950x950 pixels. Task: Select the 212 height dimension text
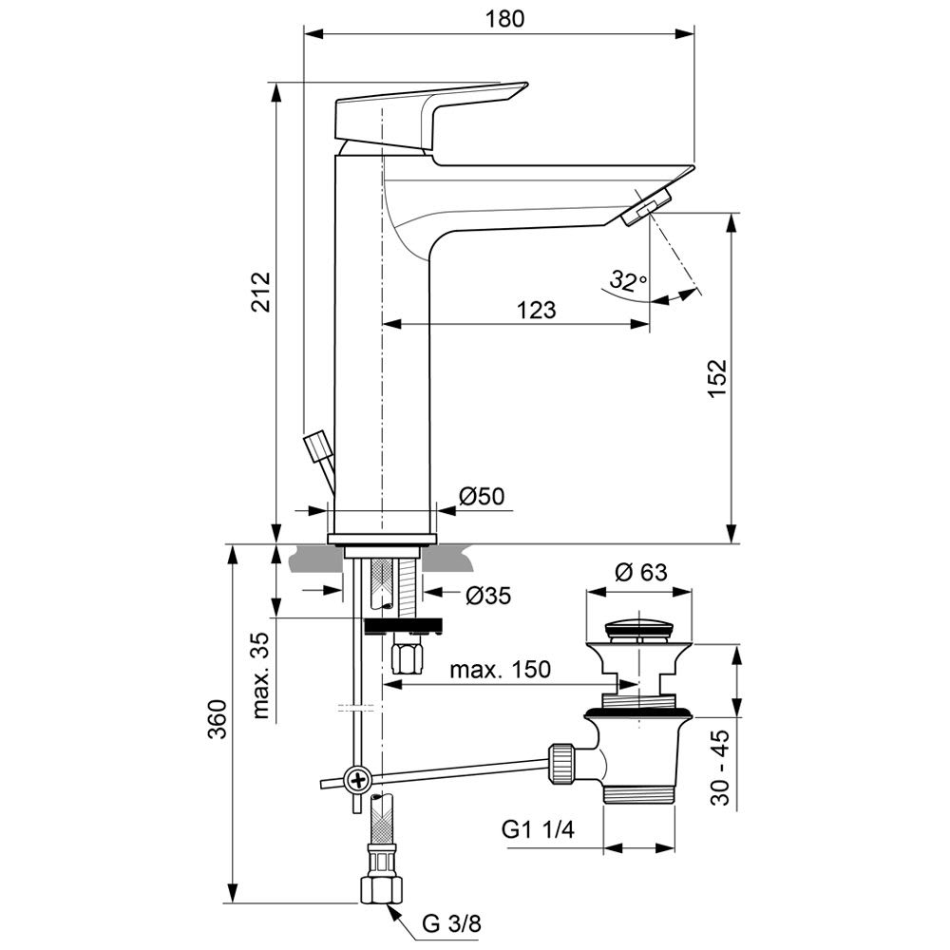(x=261, y=292)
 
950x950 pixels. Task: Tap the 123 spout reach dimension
(x=536, y=310)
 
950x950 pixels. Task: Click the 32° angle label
(x=628, y=280)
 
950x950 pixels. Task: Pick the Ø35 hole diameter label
(x=488, y=596)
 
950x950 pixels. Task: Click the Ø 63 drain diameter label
(x=640, y=572)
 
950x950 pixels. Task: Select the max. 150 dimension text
(x=500, y=669)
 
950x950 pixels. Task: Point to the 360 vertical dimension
(x=218, y=726)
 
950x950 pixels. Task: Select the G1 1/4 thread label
(x=538, y=830)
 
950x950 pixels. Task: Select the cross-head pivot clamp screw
(x=358, y=781)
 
